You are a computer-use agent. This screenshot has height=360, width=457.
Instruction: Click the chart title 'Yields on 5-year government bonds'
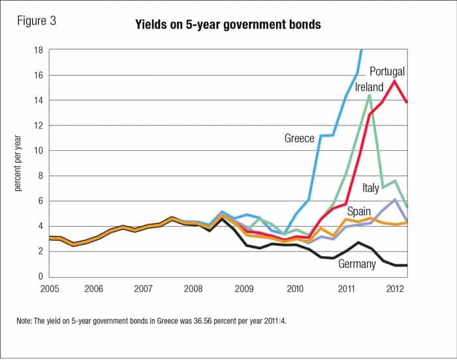228,27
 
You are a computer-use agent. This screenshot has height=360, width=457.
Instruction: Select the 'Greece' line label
300,138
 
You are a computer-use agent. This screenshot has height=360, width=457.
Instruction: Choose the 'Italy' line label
370,188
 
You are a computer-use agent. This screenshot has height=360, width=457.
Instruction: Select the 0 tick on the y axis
40,276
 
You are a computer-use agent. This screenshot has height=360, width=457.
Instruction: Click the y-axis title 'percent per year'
18,163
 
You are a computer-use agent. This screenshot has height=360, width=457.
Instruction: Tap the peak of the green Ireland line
370,95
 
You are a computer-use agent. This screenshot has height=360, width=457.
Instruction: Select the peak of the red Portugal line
394,81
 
